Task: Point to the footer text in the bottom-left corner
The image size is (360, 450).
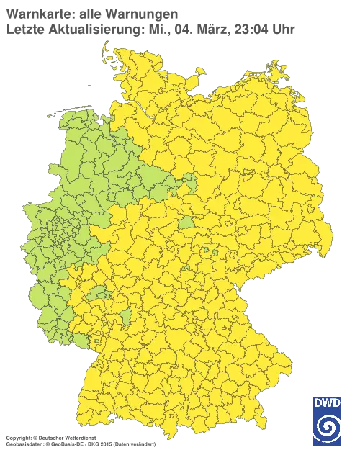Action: [x=79, y=437]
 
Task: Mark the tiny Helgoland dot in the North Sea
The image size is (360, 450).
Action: [x=88, y=84]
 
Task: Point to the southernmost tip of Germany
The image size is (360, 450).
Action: [x=168, y=439]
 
